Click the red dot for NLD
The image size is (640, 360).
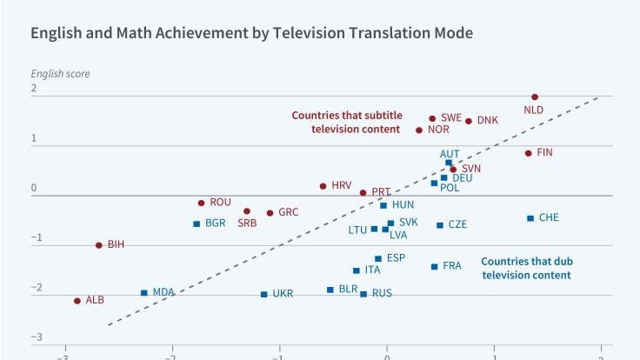(x=535, y=97)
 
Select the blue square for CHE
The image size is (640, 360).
(x=530, y=218)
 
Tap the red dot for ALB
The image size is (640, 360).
(x=77, y=301)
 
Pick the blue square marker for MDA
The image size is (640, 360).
(x=144, y=293)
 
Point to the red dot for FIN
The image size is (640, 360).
(x=528, y=153)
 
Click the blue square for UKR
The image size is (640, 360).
(x=263, y=294)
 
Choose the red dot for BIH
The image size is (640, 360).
(x=98, y=245)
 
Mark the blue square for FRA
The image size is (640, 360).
(x=434, y=266)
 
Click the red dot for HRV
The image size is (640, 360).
(x=323, y=186)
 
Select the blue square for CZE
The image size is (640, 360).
(x=439, y=225)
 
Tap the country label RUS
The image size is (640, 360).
(x=382, y=293)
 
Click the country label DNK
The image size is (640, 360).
(x=488, y=120)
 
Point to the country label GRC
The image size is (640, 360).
(x=289, y=212)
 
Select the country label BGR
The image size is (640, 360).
(x=216, y=223)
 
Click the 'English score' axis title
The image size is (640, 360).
(x=60, y=73)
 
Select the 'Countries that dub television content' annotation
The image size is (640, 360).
(x=526, y=268)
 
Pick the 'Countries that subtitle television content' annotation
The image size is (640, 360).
(x=345, y=122)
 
